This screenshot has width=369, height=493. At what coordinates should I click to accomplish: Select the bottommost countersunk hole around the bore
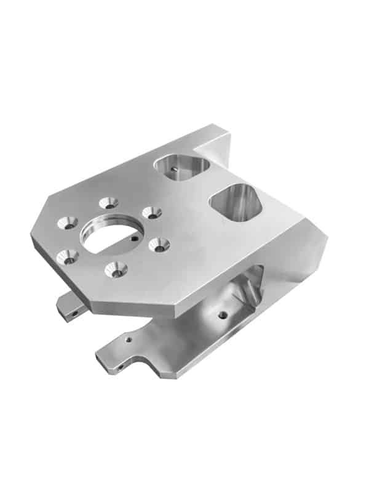115,268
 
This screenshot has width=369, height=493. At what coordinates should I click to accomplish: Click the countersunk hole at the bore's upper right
151,213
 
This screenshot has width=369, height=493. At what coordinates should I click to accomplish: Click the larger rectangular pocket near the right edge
237,202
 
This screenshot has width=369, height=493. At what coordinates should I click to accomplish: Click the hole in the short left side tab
74,314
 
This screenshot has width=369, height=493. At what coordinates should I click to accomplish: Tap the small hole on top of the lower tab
129,338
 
